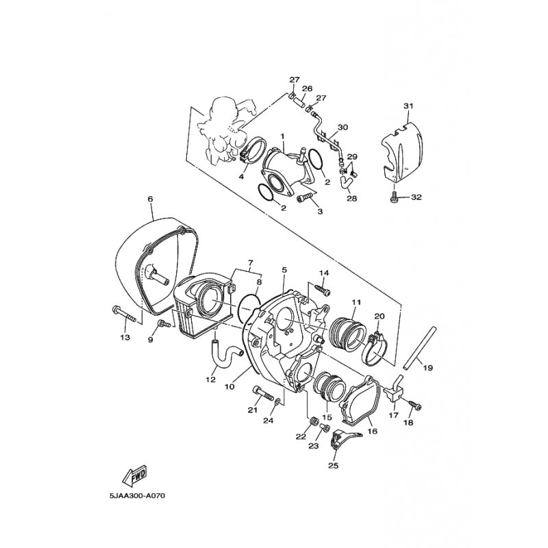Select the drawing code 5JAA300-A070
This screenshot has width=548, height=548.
click(136, 496)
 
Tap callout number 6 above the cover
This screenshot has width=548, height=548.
click(150, 199)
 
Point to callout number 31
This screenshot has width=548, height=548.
click(408, 105)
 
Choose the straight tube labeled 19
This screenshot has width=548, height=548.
click(420, 348)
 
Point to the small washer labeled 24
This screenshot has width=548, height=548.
click(277, 401)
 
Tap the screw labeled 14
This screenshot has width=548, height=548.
click(322, 290)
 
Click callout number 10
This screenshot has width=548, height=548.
click(229, 387)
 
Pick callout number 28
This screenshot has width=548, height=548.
click(351, 199)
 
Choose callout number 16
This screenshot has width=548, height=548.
click(373, 432)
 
